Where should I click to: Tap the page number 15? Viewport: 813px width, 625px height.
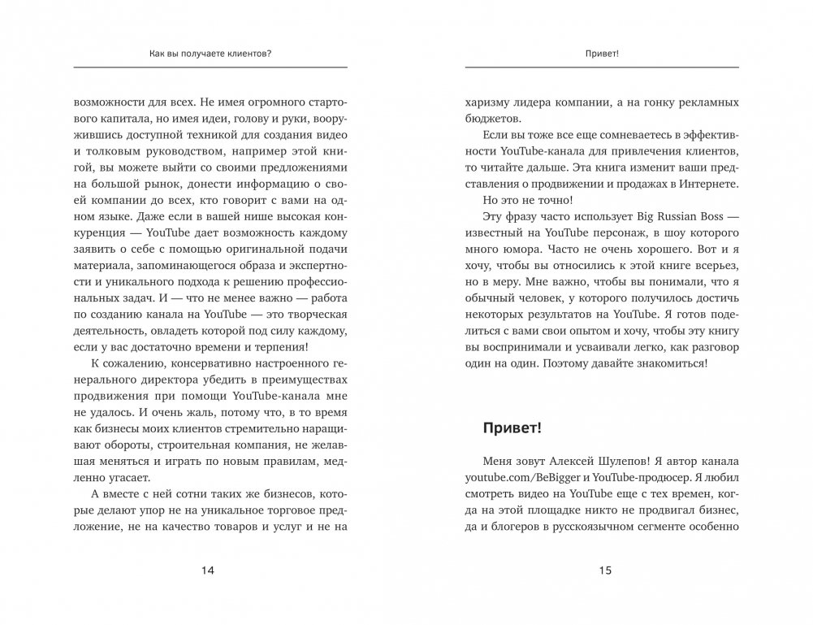pos(603,571)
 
